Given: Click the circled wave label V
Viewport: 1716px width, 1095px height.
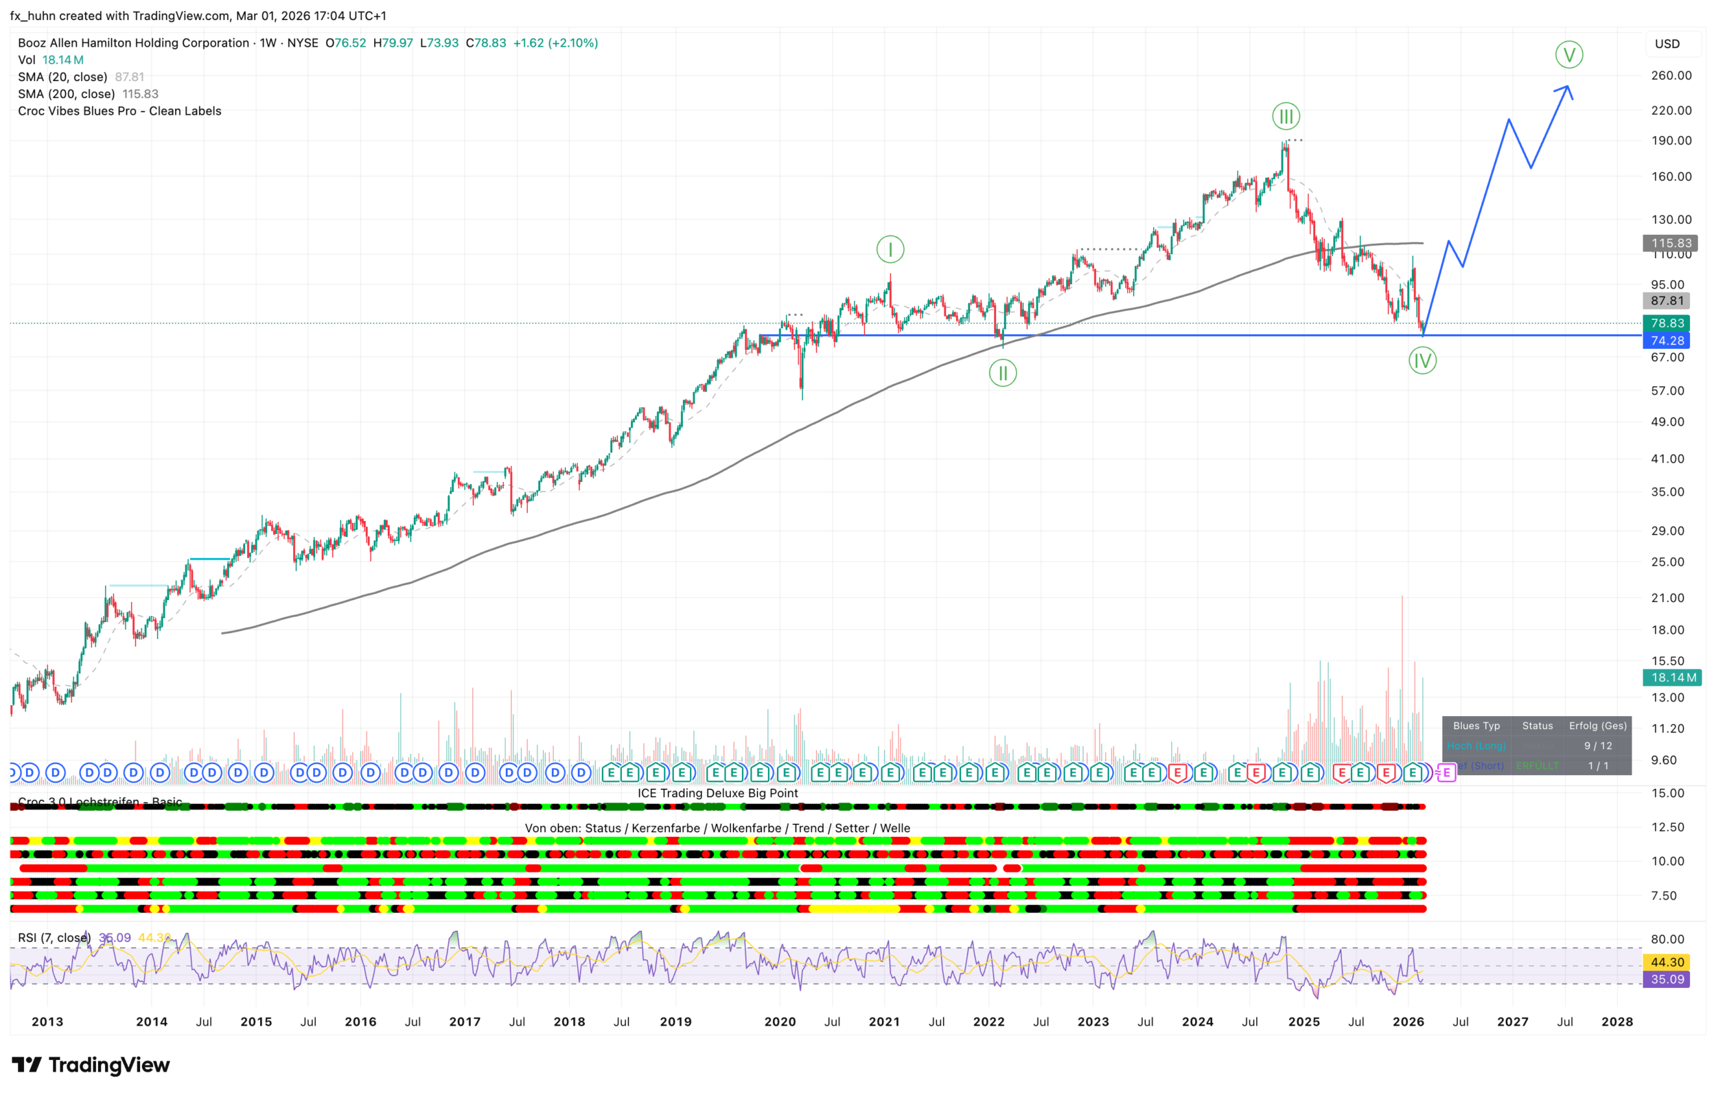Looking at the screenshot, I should point(1568,55).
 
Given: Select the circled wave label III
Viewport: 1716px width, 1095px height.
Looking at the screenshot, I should point(1286,116).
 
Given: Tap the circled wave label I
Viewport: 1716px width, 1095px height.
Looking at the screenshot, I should point(890,249).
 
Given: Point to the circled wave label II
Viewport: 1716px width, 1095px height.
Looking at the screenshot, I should point(1003,373).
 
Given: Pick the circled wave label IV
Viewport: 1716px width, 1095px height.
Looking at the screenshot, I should point(1422,360).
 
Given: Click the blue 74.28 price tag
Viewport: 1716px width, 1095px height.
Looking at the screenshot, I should point(1667,341).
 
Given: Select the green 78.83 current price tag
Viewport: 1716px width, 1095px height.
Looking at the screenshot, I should point(1667,323).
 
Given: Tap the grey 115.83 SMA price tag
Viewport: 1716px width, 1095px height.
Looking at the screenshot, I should point(1671,243).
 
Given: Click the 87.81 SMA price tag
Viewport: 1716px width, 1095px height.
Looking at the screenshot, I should point(1667,301).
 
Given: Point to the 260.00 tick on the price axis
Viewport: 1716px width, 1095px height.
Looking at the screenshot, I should point(1671,76).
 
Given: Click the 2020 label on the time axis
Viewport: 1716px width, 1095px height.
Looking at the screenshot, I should point(780,1022).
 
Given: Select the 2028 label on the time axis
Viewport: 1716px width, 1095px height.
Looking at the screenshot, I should point(1617,1022).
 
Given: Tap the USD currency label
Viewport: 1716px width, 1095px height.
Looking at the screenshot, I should point(1667,44).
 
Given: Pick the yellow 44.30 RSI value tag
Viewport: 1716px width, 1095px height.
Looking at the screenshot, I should point(1667,963).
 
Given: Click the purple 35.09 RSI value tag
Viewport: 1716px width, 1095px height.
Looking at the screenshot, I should point(1667,980).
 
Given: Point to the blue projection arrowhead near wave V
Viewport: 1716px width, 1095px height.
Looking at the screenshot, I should point(1567,89).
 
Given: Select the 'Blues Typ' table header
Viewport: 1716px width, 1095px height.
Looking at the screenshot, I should point(1476,726).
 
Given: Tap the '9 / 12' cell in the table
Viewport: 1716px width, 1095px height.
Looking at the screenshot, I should point(1598,746).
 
